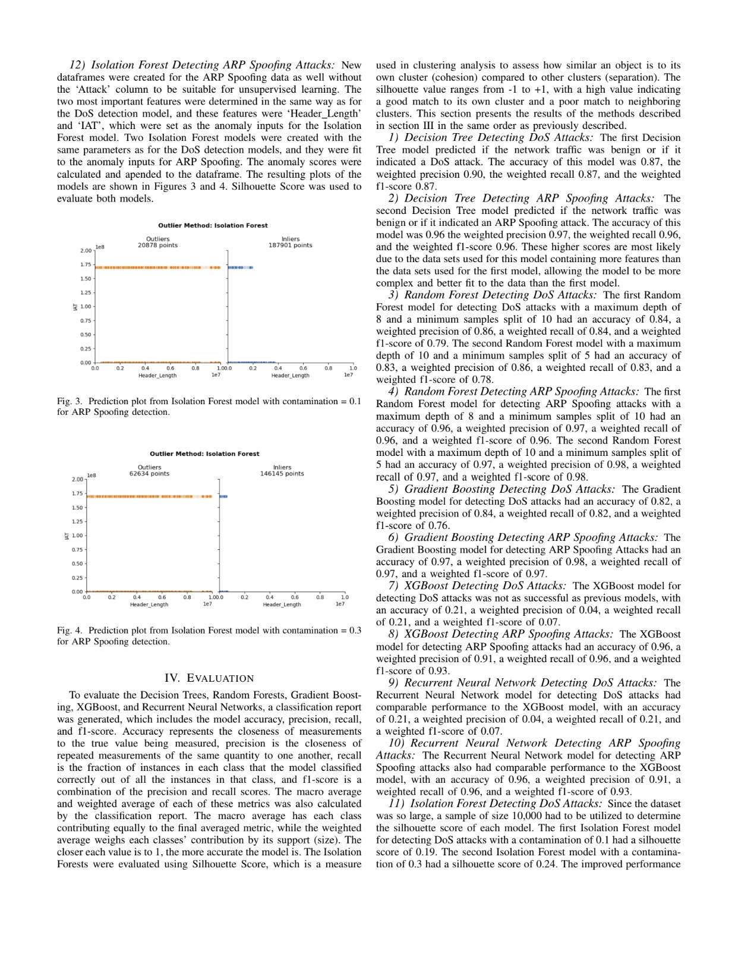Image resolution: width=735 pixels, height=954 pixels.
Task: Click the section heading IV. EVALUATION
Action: (x=209, y=678)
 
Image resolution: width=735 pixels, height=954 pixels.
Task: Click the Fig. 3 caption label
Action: (x=70, y=401)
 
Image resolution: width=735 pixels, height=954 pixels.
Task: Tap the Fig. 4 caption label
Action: (x=70, y=630)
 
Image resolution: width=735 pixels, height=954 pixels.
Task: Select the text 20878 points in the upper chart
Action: (x=157, y=245)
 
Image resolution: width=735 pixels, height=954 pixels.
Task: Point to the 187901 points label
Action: (x=290, y=245)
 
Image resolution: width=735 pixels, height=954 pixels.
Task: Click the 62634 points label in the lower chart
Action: (x=149, y=474)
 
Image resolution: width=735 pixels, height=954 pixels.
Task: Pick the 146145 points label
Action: (x=282, y=474)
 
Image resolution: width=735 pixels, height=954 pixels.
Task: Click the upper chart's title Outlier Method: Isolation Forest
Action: (x=213, y=225)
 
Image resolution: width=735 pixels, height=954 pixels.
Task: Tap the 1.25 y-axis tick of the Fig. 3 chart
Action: (x=86, y=292)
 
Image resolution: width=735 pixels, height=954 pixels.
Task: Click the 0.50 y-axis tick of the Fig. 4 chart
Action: (x=77, y=563)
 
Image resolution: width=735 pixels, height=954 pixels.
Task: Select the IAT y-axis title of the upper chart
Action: (x=74, y=307)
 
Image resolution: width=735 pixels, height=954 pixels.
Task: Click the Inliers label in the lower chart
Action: (x=282, y=467)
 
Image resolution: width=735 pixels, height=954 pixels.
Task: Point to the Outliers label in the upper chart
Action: (x=157, y=239)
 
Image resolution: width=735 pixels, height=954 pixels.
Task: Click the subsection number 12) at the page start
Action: (x=78, y=65)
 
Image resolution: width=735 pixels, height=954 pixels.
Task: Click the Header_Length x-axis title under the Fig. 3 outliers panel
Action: (x=157, y=376)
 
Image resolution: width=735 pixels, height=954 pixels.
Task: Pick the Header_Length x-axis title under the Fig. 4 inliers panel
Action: (x=282, y=604)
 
